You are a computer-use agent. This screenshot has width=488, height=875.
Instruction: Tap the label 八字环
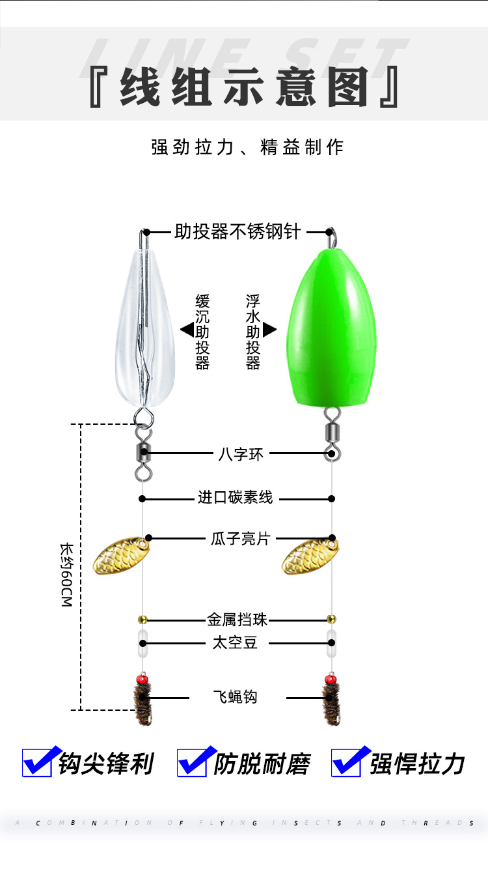tap(241, 454)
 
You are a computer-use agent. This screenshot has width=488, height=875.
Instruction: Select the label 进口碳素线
tap(236, 498)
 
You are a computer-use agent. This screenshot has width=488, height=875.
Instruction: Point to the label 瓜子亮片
tap(240, 539)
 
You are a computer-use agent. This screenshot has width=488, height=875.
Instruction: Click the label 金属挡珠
tap(237, 620)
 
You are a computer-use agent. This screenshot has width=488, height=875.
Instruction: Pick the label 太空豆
tap(236, 643)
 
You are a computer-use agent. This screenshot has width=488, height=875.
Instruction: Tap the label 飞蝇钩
tap(236, 696)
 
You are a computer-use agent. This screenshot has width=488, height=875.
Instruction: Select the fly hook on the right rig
tap(331, 702)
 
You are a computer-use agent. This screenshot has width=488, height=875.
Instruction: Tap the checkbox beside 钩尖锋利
tap(38, 762)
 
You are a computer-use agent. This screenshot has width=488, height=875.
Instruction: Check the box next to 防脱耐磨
tap(193, 762)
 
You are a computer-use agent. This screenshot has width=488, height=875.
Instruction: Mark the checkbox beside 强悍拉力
tap(347, 762)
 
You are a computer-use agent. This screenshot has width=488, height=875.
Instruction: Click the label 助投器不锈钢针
tap(237, 232)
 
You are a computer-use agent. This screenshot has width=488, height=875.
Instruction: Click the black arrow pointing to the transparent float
tap(186, 330)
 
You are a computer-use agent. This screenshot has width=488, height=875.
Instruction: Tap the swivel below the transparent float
tap(143, 452)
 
